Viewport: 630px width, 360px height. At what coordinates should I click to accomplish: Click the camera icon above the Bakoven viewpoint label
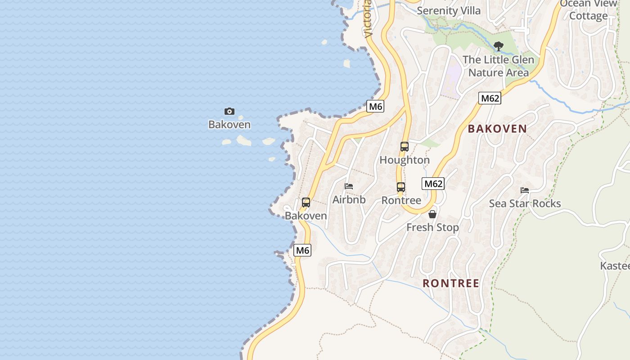coord(229,111)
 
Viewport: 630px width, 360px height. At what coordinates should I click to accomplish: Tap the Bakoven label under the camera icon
coord(229,125)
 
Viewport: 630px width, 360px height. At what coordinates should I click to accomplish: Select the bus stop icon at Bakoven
coord(306,202)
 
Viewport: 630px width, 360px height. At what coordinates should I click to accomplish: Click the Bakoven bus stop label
coord(306,216)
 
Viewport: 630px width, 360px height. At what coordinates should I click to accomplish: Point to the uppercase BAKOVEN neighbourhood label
coord(497,129)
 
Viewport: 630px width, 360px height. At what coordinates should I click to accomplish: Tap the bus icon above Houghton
coord(405,147)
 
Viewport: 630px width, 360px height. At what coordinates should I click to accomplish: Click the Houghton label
coord(405,160)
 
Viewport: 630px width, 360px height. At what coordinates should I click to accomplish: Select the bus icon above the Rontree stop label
coord(401,187)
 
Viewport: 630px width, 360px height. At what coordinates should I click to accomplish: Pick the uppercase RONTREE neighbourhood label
coord(451,283)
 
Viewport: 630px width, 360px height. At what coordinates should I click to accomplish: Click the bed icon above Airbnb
coord(349,186)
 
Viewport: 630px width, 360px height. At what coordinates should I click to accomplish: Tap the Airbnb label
coord(349,200)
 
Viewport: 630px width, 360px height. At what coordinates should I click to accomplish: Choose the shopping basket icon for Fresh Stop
coord(432,214)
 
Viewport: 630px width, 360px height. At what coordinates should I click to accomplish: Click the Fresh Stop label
coord(432,228)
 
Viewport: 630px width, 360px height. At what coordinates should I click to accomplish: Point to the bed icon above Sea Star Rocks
coord(525,190)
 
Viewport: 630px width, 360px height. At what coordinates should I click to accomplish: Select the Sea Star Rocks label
coord(525,204)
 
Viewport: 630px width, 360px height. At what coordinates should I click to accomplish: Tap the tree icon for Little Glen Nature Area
coord(498,46)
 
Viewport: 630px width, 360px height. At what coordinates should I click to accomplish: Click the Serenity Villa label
coord(449,10)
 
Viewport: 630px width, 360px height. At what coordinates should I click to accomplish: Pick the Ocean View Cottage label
coord(589,9)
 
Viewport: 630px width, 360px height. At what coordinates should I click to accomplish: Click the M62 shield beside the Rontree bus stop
coord(433,184)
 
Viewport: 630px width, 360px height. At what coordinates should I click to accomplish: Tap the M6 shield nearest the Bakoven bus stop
coord(302,251)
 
